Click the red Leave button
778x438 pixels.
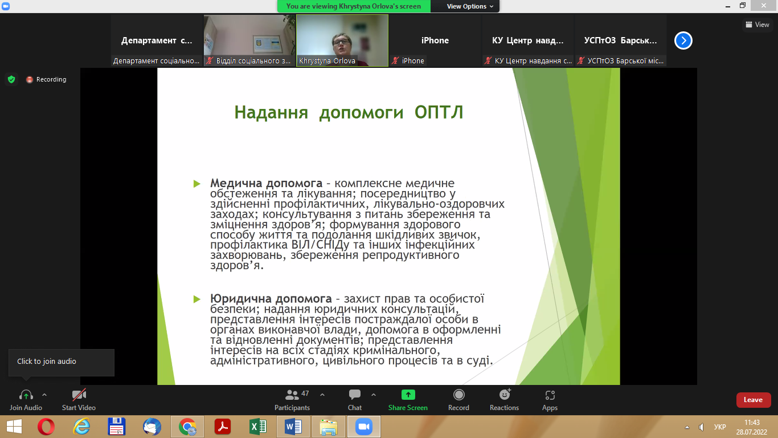(754, 400)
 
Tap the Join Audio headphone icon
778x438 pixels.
(26, 395)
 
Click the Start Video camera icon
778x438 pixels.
(79, 395)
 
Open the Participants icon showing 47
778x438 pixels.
(292, 395)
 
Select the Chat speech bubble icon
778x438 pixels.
(355, 395)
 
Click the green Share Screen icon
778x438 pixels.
(408, 395)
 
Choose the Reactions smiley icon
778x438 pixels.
(505, 395)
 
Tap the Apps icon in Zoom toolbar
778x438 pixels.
(550, 395)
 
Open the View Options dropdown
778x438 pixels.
(469, 6)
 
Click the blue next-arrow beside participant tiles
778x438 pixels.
(683, 40)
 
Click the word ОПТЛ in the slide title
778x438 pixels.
(439, 112)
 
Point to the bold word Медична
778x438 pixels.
(236, 183)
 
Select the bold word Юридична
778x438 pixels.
(241, 298)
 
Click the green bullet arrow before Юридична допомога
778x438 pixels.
(197, 299)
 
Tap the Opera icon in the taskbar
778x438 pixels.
(46, 427)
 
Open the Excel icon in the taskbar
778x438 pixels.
(257, 427)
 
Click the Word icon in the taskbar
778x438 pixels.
(293, 427)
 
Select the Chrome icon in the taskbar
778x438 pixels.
(187, 427)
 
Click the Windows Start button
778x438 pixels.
(14, 427)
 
